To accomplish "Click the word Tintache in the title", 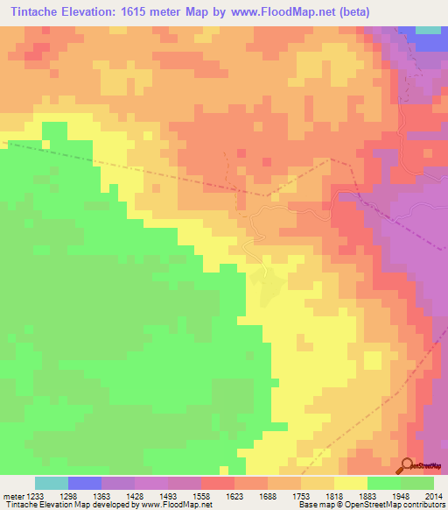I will pos(39,12).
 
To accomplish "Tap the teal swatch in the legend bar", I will pos(52,484).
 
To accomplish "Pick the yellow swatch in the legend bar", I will pos(351,484).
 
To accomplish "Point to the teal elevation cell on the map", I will pos(428,30).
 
